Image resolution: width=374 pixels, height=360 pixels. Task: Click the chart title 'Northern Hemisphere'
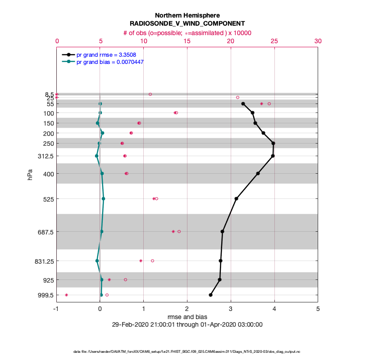click(187, 15)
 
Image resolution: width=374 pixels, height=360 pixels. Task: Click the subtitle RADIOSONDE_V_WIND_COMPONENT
click(187, 23)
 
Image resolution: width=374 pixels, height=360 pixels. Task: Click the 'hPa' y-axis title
click(30, 175)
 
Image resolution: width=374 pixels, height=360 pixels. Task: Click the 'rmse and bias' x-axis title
click(187, 317)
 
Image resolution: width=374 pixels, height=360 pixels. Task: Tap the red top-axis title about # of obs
click(187, 33)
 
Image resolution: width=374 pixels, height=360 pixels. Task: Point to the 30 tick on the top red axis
click(318, 41)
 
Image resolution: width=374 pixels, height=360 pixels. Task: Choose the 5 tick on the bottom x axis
click(318, 309)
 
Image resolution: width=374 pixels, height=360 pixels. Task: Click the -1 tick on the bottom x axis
click(56, 309)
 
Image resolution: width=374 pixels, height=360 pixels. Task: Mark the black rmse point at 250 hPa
click(273, 143)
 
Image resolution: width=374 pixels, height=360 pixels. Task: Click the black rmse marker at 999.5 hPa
click(210, 295)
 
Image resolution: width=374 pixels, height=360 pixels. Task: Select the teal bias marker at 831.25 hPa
click(97, 261)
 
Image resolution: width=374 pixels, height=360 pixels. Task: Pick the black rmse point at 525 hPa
click(236, 198)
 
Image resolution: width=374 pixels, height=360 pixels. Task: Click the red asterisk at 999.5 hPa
click(66, 295)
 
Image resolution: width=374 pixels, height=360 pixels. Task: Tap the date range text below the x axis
click(187, 324)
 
